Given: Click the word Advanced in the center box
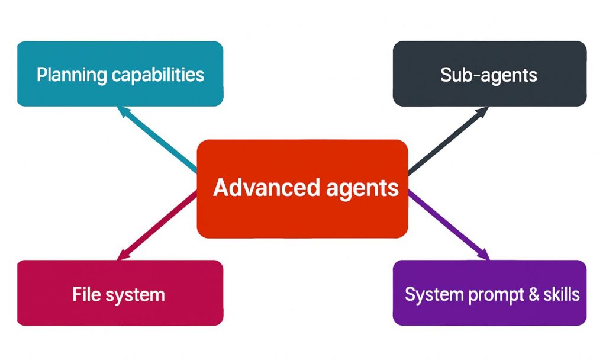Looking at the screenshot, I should tap(258, 188).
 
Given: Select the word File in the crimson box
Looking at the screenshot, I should tap(85, 294).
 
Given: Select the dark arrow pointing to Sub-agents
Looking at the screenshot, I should tap(450, 140).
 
